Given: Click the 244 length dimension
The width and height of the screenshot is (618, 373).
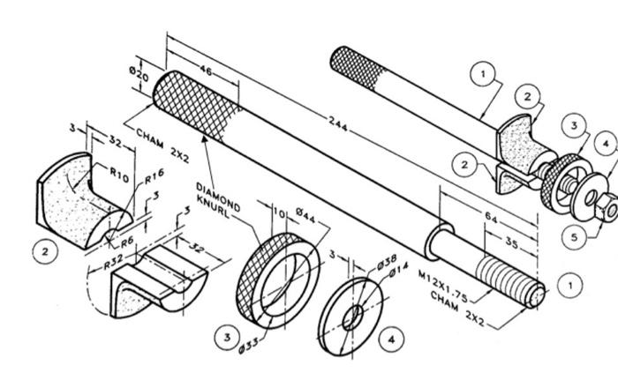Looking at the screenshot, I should point(336,122).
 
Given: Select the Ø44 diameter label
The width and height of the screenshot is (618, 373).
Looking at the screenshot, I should point(306,214).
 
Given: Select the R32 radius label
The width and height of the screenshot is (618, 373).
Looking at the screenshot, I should point(111,262).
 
